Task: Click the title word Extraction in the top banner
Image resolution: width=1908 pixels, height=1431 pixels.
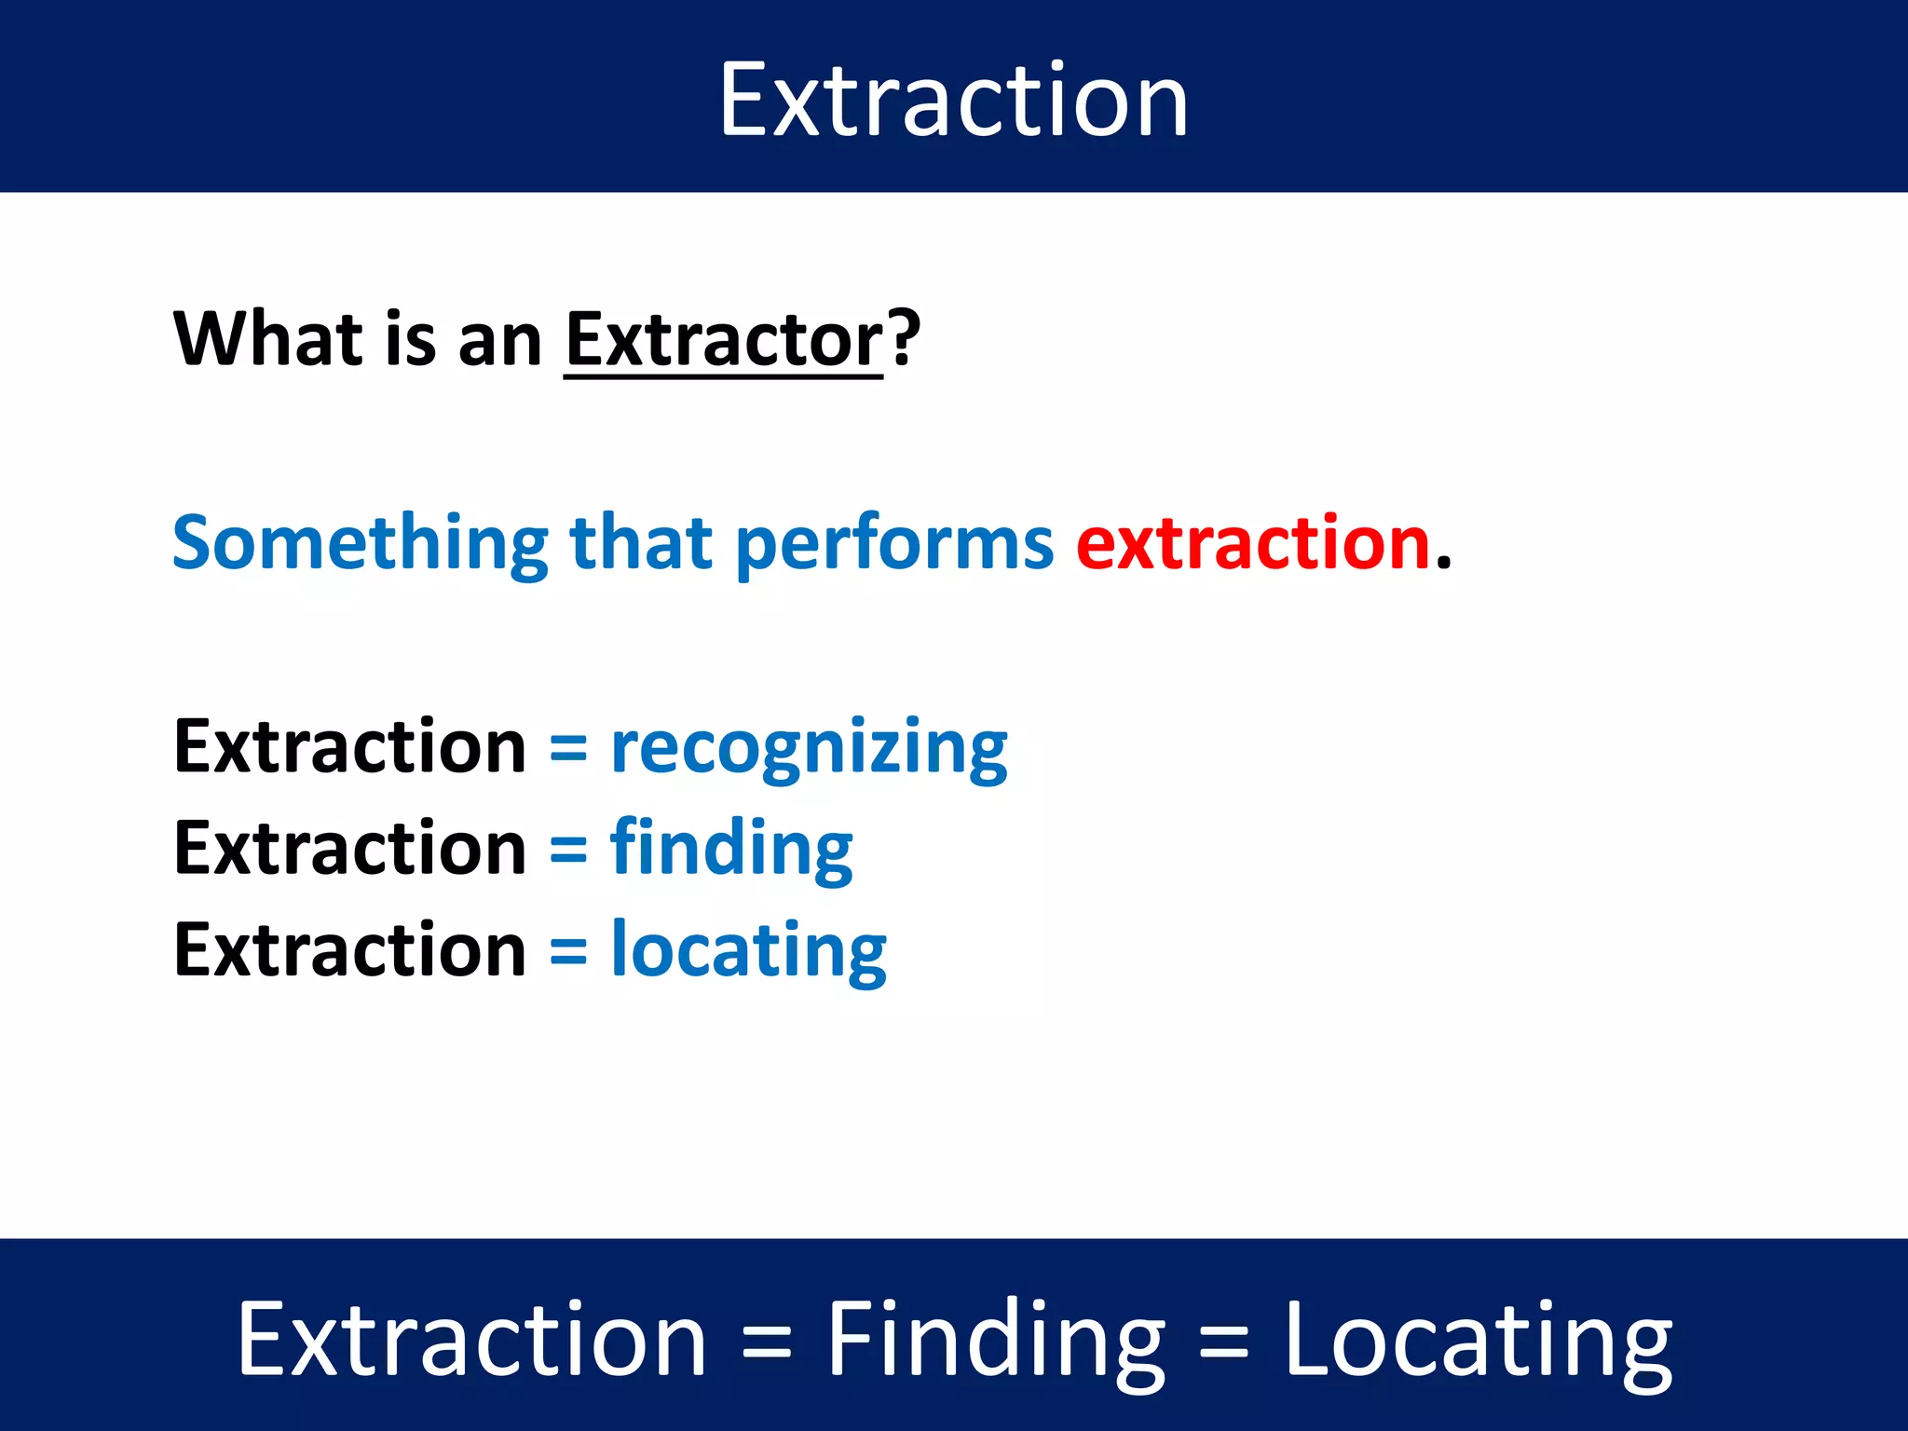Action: [x=953, y=100]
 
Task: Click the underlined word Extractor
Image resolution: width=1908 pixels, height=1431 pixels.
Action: [x=723, y=340]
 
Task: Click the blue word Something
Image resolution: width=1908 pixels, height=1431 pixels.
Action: [x=361, y=543]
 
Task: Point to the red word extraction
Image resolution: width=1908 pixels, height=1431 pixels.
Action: [x=1252, y=543]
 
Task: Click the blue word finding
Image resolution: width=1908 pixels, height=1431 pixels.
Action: [x=731, y=850]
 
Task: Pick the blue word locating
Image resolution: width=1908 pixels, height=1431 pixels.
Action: [x=748, y=951]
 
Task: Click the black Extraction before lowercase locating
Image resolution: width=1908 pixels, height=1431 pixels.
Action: [x=350, y=950]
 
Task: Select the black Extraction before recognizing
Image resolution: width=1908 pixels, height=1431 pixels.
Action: [x=350, y=747]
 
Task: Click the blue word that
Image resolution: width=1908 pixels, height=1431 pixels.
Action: [x=642, y=543]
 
